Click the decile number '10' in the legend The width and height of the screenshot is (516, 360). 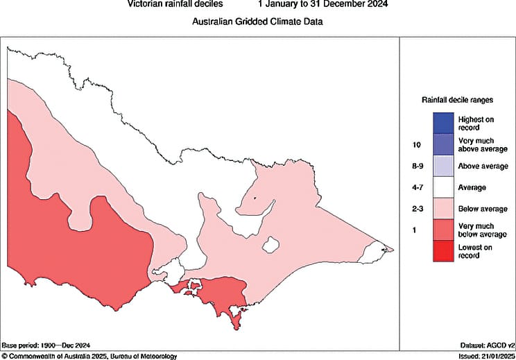click(416, 145)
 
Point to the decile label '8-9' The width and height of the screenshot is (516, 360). click(417, 166)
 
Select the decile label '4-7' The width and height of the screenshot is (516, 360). click(417, 187)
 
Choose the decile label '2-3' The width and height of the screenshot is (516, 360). click(417, 209)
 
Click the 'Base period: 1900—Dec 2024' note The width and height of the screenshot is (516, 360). click(46, 345)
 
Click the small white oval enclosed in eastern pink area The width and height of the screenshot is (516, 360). click(271, 245)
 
